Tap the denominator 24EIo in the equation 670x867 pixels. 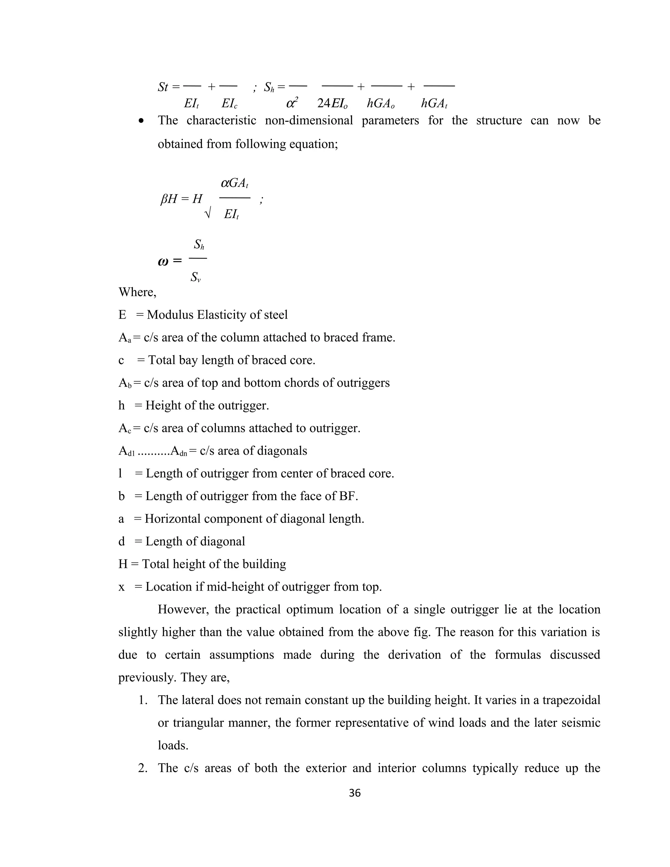(333, 104)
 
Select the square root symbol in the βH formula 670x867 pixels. (207, 214)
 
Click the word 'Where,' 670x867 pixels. (137, 292)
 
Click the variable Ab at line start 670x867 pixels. (125, 383)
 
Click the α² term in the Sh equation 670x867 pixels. (292, 103)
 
